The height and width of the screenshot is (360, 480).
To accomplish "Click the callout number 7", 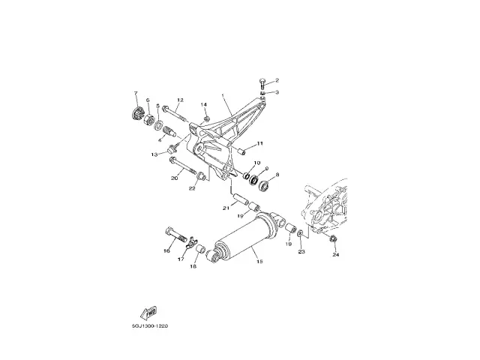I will [x=136, y=93].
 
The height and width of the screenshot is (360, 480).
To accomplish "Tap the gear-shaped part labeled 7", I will [x=136, y=114].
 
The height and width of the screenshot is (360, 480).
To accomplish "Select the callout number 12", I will [x=181, y=100].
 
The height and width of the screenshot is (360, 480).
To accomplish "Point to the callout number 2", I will [x=276, y=79].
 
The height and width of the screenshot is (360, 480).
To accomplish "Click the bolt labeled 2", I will [x=261, y=82].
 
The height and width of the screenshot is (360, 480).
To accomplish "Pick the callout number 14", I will [x=203, y=104].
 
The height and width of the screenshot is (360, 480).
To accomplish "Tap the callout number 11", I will [x=260, y=143].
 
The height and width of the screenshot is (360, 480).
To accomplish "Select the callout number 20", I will [x=174, y=178].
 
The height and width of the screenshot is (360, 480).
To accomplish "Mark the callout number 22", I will [x=192, y=188].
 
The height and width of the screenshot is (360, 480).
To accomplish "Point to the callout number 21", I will [x=224, y=207].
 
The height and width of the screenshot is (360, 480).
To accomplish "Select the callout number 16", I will [x=166, y=251].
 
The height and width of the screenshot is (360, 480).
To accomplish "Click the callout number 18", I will [x=193, y=266].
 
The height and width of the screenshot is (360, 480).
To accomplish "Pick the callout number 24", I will [x=336, y=255].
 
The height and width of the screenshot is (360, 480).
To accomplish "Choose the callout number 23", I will [x=302, y=252].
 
